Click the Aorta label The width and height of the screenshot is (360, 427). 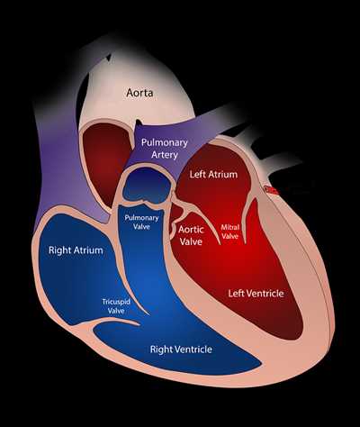(x=139, y=93)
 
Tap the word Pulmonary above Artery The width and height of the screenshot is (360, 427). (x=165, y=142)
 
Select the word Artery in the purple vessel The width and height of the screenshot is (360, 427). (x=165, y=155)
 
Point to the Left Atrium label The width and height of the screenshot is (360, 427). (x=213, y=174)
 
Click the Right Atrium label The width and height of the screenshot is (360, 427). (x=76, y=250)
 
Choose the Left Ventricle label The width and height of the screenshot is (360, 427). (x=256, y=293)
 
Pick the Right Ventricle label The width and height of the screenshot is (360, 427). (x=181, y=350)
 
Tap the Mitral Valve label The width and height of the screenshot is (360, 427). (x=229, y=232)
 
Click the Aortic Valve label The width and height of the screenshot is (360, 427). (x=191, y=235)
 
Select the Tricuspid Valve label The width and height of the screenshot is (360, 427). (x=116, y=306)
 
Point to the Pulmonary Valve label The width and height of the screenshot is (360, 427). (x=141, y=223)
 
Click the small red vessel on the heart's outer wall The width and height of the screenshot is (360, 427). (x=271, y=190)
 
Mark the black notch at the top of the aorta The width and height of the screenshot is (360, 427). (x=107, y=58)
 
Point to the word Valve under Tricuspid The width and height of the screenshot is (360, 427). (x=116, y=311)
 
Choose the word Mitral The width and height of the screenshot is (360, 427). (x=229, y=227)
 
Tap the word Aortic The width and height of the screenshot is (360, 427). (x=191, y=230)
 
